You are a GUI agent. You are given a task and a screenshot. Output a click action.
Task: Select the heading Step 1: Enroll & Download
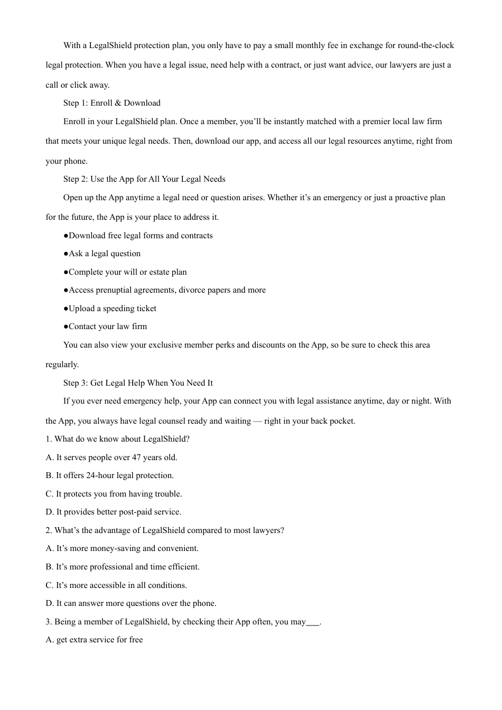click(111, 103)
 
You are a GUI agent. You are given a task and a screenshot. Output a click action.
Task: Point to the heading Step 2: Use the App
click(144, 179)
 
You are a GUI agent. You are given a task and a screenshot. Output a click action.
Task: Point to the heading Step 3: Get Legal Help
click(138, 383)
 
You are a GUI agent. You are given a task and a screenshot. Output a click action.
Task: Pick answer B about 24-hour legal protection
click(109, 475)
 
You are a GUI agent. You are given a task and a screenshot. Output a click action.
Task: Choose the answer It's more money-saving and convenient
click(122, 548)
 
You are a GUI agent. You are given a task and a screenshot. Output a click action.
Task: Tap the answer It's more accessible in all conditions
click(116, 585)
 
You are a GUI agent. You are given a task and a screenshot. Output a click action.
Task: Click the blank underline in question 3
click(313, 622)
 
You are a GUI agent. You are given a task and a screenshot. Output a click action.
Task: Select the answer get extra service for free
click(94, 640)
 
